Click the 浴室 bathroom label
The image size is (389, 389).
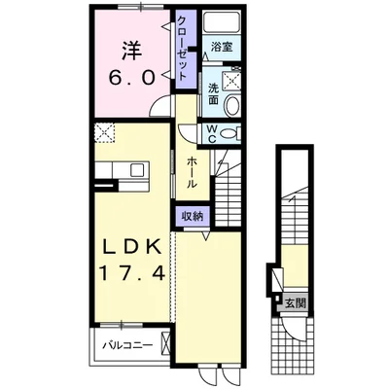tap(222, 48)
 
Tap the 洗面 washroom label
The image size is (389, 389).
tap(213, 93)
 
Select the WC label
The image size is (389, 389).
tap(212, 133)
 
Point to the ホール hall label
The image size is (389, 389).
tap(193, 172)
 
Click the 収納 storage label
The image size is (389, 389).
tap(192, 216)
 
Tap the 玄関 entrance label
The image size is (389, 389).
tap(296, 303)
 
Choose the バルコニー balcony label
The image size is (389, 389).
tap(127, 345)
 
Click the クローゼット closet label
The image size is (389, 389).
tap(182, 49)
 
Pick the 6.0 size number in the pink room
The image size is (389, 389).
tap(131, 78)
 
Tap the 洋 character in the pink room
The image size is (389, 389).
tap(131, 51)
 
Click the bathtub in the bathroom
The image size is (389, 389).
tap(222, 21)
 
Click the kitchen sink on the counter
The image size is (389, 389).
tap(137, 170)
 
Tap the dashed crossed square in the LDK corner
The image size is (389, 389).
tap(105, 133)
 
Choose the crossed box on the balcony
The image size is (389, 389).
tap(165, 343)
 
